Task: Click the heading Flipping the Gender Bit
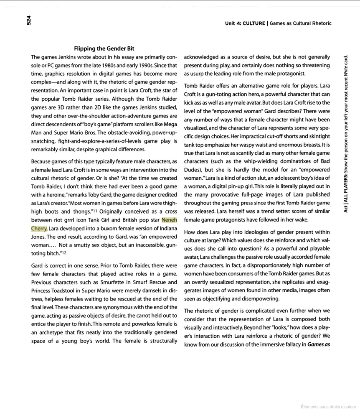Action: pos(104,49)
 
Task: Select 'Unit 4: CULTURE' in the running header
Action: pos(245,23)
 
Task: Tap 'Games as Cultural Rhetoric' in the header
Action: pos(301,23)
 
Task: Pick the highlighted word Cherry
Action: pos(39,228)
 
